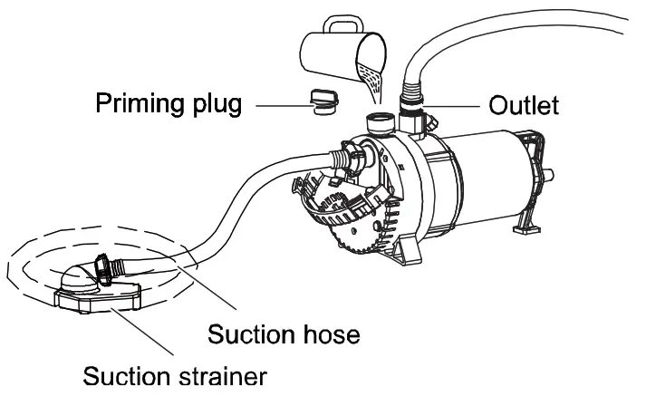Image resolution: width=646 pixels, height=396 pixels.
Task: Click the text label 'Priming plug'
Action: pyautogui.click(x=169, y=105)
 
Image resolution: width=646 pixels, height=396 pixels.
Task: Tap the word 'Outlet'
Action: pyautogui.click(x=525, y=105)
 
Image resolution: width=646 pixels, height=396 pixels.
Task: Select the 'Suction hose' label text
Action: pyautogui.click(x=284, y=334)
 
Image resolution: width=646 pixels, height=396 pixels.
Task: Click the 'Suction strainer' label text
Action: pyautogui.click(x=175, y=374)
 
